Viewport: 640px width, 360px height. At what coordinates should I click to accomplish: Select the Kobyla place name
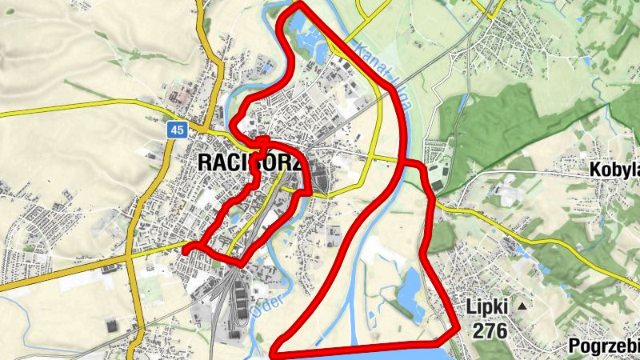tap(614, 170)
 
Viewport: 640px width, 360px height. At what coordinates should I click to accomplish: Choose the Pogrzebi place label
tap(604, 346)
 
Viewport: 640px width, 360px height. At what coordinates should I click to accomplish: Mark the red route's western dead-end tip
tap(186, 251)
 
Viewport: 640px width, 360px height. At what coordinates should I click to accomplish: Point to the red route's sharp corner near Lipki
tap(457, 328)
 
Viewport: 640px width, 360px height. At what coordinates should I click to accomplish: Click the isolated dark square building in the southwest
tap(111, 324)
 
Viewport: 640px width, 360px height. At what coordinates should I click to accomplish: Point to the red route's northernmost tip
tap(298, 5)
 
